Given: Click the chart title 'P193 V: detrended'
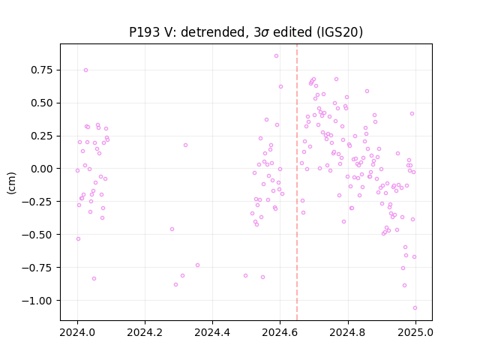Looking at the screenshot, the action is tap(187, 32).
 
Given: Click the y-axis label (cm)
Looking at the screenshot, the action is tap(11, 183).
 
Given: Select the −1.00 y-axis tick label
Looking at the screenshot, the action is tap(37, 301).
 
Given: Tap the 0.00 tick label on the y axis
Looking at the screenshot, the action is tap(42, 169).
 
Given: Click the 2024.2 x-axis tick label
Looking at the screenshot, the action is tap(145, 332).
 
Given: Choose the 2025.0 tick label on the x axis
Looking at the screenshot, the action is tap(415, 332).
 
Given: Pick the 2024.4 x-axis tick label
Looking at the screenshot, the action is tap(212, 332).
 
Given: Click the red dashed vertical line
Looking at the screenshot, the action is tap(297, 182).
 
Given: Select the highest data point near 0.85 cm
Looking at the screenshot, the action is tap(277, 56).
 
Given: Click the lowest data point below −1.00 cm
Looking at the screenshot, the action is tap(415, 308).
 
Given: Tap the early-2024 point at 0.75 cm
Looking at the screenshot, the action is tap(85, 70).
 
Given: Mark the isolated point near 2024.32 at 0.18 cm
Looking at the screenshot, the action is tap(185, 145).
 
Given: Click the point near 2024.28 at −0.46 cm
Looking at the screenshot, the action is tap(172, 229).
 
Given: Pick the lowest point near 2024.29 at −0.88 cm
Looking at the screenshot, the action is tap(175, 285).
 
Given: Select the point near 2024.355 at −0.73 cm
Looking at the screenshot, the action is tap(197, 265).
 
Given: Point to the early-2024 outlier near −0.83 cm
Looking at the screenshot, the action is tap(94, 278).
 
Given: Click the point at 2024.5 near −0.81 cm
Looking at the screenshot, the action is tap(245, 276).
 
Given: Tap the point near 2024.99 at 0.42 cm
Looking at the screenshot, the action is tap(412, 113).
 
